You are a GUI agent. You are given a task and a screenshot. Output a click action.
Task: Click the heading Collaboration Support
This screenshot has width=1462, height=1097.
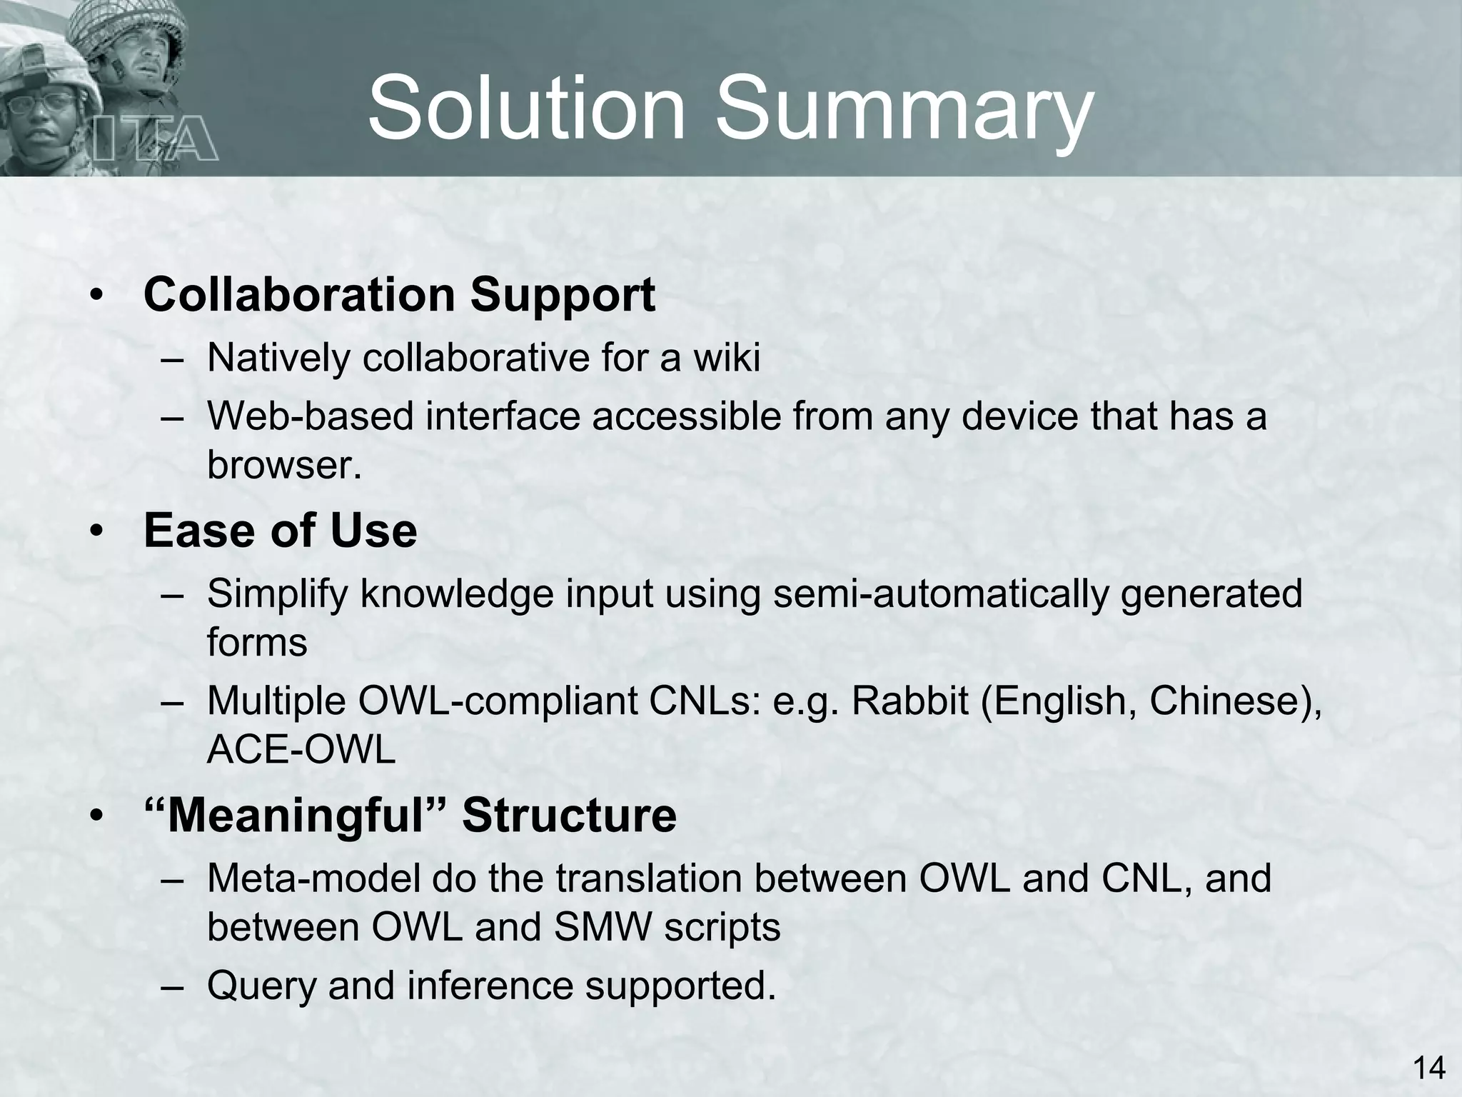(x=399, y=295)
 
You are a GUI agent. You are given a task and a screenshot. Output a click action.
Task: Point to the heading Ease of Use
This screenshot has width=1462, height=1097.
(x=280, y=531)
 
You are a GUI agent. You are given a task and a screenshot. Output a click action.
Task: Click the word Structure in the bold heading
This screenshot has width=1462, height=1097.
(x=569, y=816)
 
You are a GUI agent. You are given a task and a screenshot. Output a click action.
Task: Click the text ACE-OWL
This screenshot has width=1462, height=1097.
(x=301, y=750)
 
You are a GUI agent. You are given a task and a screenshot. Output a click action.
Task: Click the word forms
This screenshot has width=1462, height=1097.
(x=257, y=643)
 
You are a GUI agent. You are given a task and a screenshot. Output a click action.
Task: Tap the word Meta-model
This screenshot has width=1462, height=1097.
(x=313, y=878)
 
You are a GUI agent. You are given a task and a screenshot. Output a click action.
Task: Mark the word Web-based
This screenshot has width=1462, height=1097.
(x=311, y=416)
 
